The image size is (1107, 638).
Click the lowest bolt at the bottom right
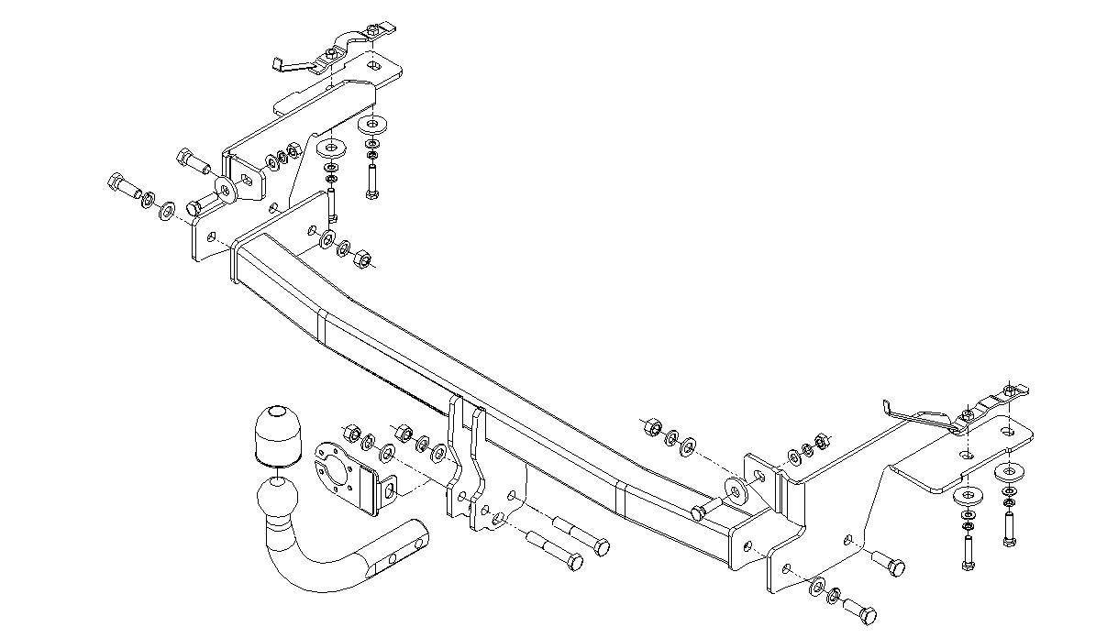point(859,610)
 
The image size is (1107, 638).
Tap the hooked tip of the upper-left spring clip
point(276,63)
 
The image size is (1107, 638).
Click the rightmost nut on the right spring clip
point(1010,391)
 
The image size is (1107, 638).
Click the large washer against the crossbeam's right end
point(735,487)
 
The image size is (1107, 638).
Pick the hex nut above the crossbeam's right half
point(652,425)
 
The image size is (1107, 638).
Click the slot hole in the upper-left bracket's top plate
point(372,66)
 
